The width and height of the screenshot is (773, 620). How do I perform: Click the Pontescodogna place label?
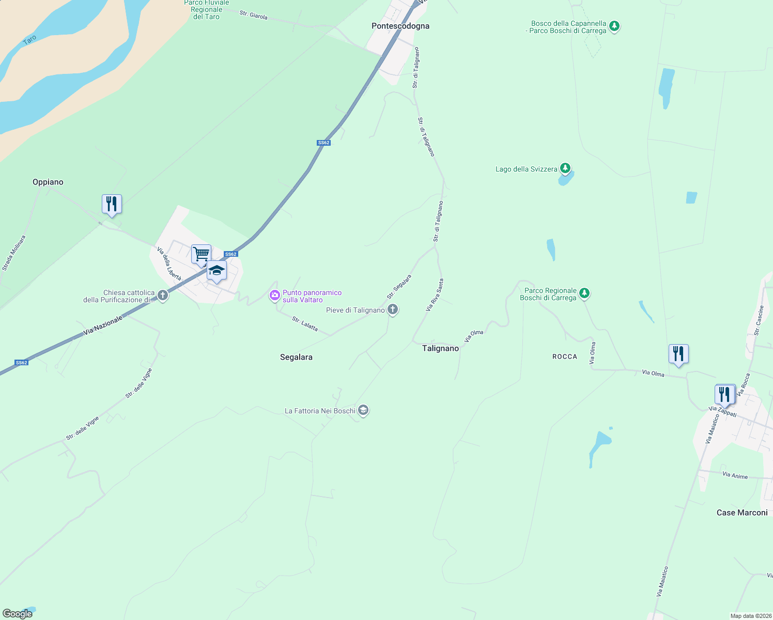point(400,26)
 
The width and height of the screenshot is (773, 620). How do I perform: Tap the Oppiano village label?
point(48,182)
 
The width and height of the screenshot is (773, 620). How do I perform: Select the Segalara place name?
point(296,357)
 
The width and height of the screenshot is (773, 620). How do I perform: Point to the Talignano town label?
point(440,348)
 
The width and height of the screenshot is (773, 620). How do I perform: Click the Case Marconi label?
point(742,513)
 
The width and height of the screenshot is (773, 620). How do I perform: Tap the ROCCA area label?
point(565,357)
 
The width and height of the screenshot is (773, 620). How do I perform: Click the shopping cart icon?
point(201,254)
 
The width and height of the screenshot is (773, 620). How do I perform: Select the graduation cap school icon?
point(217,270)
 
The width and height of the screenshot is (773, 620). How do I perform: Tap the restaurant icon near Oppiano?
point(112,204)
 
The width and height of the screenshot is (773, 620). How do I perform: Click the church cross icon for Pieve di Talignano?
point(393,310)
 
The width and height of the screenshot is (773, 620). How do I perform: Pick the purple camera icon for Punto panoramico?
point(275,296)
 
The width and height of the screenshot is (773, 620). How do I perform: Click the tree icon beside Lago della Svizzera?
point(565,168)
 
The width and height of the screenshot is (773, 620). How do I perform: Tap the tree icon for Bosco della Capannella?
point(614,26)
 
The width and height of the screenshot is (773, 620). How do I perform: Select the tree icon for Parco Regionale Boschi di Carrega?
point(584,293)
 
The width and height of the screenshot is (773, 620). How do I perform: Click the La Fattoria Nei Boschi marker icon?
point(363,411)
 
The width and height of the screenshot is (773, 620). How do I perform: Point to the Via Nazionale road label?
point(103,324)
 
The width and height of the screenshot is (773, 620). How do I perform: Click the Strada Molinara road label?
point(14,253)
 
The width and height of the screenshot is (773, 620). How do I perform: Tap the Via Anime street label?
point(735,475)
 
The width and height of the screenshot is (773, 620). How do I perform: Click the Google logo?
point(18,614)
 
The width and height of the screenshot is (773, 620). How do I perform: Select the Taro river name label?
point(29,39)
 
